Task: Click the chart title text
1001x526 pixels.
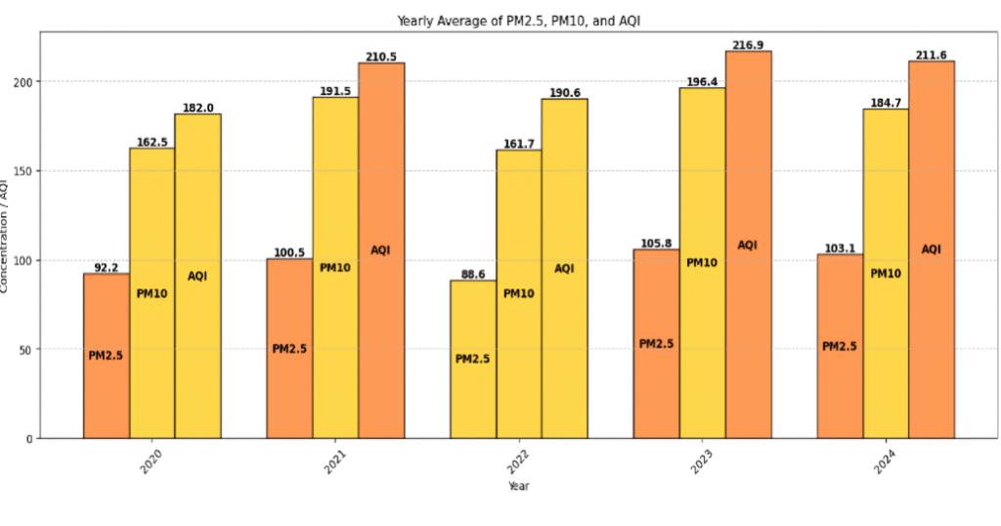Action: point(519,21)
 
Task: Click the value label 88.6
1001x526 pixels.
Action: point(473,275)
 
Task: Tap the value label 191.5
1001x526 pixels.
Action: point(335,91)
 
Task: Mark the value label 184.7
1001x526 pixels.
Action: point(886,103)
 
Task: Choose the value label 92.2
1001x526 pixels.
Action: point(106,267)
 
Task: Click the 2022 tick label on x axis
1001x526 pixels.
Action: point(518,460)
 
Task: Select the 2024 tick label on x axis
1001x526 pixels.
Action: point(885,460)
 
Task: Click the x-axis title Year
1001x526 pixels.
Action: point(518,485)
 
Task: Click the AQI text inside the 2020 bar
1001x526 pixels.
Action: point(197,277)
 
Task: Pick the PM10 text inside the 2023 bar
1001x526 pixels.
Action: point(702,262)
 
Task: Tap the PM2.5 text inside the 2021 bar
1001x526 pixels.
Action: point(289,349)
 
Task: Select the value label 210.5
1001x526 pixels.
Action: point(381,57)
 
